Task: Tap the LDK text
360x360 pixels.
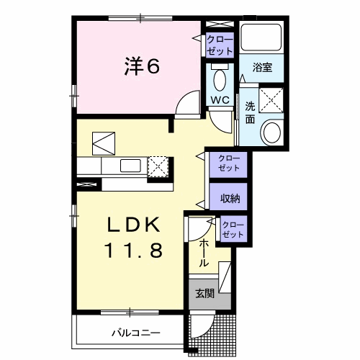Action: tap(134, 225)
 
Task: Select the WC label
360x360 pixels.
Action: tap(220, 101)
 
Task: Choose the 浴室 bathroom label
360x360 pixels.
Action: tap(262, 68)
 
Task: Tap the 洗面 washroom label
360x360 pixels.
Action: tap(250, 112)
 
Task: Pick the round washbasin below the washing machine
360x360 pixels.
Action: tap(273, 132)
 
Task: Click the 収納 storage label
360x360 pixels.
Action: tap(229, 197)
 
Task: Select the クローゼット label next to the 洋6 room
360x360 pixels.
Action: tap(220, 45)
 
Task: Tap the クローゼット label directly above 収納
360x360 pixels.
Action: tap(229, 163)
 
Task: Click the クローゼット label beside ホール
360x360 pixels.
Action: tap(233, 230)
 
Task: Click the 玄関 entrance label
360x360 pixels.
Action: tap(204, 293)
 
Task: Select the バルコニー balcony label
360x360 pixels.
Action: tap(135, 333)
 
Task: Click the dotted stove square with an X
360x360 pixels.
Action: tap(158, 166)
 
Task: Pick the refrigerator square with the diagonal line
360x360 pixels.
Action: tap(102, 141)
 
